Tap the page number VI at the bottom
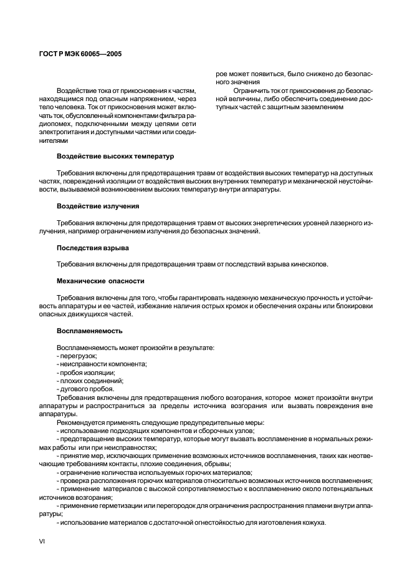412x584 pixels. point(41,542)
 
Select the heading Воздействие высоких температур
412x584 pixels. point(115,155)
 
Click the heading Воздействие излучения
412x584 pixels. point(98,206)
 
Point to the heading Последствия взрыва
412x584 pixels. point(93,248)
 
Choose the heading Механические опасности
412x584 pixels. point(100,281)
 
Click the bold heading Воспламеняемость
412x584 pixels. point(90,330)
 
